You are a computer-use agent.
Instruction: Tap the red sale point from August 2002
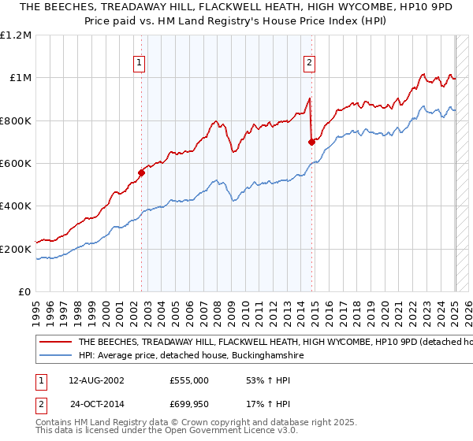[142, 172]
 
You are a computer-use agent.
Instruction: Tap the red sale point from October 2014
[311, 142]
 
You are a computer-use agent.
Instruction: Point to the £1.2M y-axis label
[17, 35]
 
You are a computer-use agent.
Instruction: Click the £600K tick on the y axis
[17, 163]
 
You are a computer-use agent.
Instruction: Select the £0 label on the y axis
[24, 291]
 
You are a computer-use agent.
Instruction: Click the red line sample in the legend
[56, 343]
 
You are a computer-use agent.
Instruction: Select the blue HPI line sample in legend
[56, 356]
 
